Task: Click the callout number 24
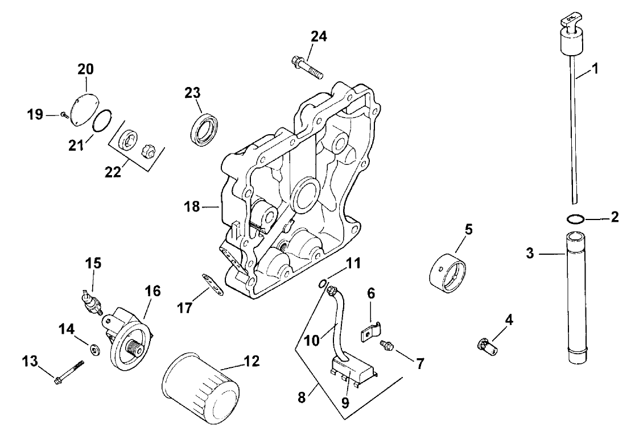(319, 36)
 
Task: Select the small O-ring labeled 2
(575, 219)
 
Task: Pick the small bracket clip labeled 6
(371, 331)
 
